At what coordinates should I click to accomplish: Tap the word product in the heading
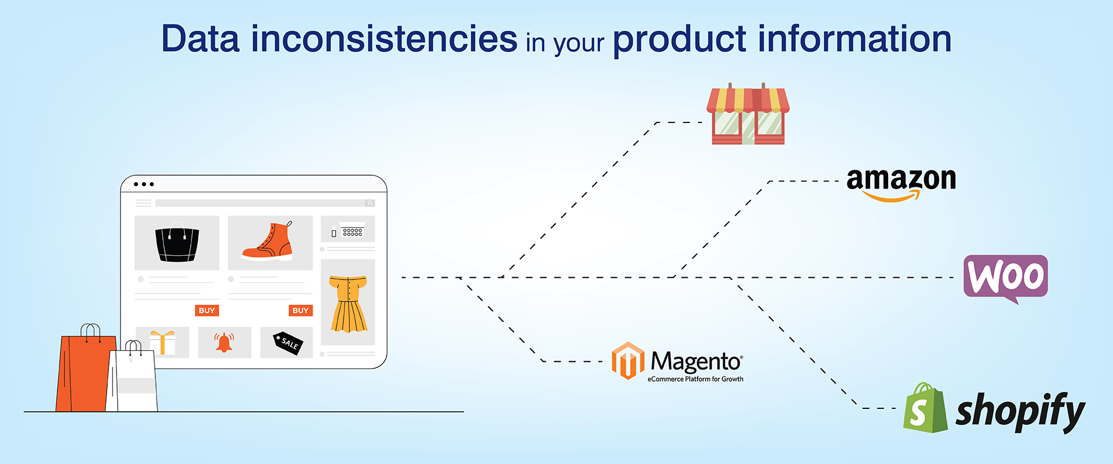(x=679, y=40)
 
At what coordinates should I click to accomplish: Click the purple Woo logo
(x=1006, y=278)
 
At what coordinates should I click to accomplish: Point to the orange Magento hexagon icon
(x=628, y=361)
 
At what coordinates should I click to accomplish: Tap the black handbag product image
(x=177, y=243)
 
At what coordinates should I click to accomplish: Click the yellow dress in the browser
(x=348, y=303)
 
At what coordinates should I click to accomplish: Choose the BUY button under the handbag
(x=207, y=310)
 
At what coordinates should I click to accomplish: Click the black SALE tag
(x=288, y=343)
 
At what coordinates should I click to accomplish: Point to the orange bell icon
(x=224, y=342)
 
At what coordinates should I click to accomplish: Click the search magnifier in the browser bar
(x=370, y=203)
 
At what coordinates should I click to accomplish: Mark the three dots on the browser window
(x=144, y=184)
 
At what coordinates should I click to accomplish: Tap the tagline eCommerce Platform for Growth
(x=696, y=379)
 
